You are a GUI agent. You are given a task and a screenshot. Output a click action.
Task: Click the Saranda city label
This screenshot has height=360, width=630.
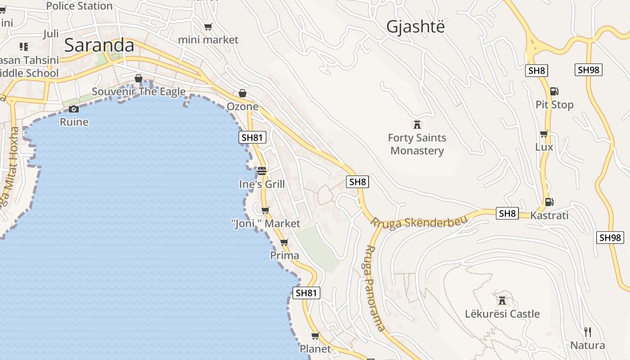click(99, 45)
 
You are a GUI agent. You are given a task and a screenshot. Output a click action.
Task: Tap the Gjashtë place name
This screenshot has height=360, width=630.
click(415, 27)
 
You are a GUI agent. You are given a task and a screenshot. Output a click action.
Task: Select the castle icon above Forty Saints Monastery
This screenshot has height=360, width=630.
click(417, 124)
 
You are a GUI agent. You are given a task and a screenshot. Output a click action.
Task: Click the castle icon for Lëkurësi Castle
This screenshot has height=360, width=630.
click(502, 300)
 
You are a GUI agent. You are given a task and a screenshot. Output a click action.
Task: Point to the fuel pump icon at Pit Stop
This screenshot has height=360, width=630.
click(554, 91)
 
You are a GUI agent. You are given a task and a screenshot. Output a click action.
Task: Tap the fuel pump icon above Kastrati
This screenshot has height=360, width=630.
click(549, 202)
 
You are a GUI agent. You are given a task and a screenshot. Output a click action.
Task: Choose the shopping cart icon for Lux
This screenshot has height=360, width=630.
click(544, 134)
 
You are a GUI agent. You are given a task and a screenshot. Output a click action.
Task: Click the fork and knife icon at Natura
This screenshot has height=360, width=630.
click(587, 332)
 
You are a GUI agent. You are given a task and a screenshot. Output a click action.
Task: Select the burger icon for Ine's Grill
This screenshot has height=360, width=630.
click(262, 171)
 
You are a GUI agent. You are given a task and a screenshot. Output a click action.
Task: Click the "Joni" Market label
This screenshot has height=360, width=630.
click(265, 223)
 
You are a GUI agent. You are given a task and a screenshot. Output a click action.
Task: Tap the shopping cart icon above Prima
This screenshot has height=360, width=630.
click(284, 243)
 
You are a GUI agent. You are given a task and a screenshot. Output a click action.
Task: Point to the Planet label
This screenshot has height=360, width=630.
click(315, 349)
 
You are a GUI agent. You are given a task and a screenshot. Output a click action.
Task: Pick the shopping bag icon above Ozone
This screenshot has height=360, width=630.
click(243, 93)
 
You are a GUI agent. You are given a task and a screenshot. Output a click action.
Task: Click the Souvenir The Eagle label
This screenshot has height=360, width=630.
click(139, 92)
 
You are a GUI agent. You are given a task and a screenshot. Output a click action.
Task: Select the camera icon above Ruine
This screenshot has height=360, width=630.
click(74, 109)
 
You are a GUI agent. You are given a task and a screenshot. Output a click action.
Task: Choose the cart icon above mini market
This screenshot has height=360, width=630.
click(208, 27)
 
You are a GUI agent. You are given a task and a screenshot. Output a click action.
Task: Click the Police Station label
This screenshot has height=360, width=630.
click(79, 6)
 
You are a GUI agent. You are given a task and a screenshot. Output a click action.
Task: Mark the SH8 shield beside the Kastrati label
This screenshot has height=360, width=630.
click(507, 213)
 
